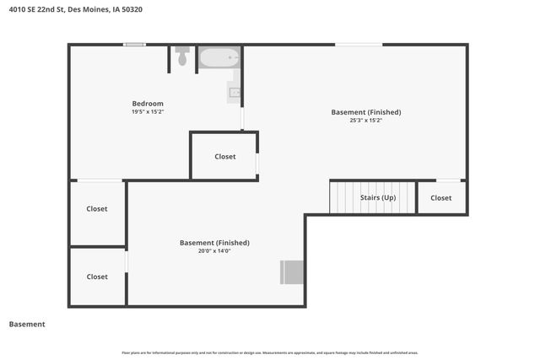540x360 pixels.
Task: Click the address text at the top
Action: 71,10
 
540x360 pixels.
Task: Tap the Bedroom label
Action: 147,104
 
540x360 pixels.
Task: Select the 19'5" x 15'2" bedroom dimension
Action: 147,112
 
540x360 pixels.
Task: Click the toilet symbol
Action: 183,56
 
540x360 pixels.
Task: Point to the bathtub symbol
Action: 219,58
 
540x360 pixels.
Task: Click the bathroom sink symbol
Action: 235,93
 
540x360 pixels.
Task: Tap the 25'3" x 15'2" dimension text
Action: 365,121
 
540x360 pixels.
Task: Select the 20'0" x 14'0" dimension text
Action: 214,250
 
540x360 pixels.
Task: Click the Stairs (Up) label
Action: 377,198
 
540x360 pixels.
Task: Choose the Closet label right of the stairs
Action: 441,198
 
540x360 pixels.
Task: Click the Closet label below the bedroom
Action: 224,157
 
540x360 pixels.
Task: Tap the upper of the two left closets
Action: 97,209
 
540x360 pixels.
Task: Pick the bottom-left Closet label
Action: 97,277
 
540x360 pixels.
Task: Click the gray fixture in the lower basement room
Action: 292,272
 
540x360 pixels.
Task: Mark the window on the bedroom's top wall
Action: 133,45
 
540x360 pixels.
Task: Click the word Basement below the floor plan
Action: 27,325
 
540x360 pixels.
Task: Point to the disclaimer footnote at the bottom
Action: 269,352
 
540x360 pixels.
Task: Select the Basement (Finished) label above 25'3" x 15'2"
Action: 365,112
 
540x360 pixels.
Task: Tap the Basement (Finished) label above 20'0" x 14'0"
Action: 214,243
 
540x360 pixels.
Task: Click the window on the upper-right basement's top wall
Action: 358,45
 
